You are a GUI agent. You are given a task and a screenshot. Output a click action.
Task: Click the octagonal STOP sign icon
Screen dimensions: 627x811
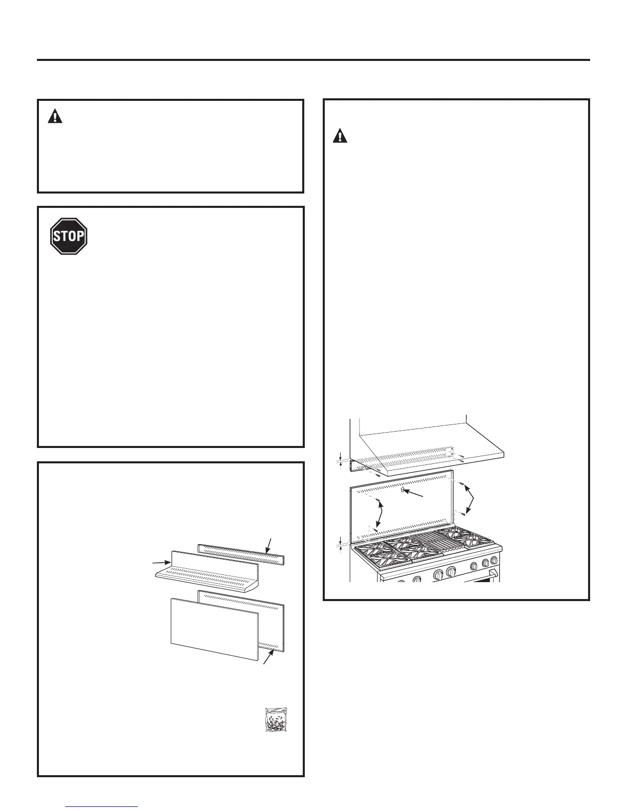pos(69,236)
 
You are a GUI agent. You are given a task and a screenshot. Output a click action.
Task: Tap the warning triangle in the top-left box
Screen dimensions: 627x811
pos(55,117)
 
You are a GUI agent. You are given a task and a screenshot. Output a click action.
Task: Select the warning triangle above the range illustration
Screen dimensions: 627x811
pos(340,136)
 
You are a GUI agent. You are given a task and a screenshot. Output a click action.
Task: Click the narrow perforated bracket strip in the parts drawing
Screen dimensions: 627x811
pos(241,553)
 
